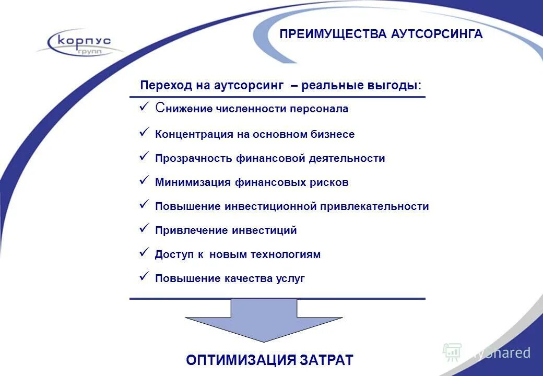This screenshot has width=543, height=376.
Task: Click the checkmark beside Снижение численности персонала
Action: click(x=145, y=107)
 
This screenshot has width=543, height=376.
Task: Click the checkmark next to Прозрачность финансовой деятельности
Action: click(x=145, y=156)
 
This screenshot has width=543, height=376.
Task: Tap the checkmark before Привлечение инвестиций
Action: click(x=145, y=228)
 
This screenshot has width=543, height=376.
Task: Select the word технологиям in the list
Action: click(x=286, y=255)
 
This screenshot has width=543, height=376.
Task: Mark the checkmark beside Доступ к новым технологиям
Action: click(x=145, y=252)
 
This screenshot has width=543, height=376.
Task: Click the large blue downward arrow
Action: click(x=264, y=319)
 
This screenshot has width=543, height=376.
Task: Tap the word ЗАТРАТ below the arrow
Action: click(x=327, y=360)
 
